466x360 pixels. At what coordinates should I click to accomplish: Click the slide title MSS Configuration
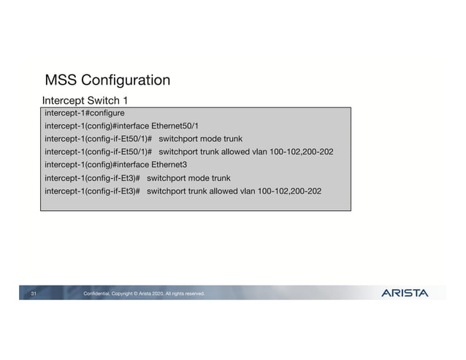pyautogui.click(x=107, y=80)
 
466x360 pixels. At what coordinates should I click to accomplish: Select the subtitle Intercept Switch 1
pyautogui.click(x=85, y=100)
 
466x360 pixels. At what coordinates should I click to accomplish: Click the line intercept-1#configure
pyautogui.click(x=84, y=113)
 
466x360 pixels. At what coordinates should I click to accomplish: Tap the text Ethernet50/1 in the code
pyautogui.click(x=180, y=126)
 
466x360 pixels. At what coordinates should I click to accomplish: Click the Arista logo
pyautogui.click(x=405, y=293)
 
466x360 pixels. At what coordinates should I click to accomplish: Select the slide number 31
pyautogui.click(x=34, y=294)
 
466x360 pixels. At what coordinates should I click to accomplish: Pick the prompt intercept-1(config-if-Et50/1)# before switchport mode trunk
pyautogui.click(x=98, y=139)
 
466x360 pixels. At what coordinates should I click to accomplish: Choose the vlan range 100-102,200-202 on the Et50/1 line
pyautogui.click(x=296, y=152)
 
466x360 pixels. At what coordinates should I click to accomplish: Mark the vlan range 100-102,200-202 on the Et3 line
pyautogui.click(x=284, y=191)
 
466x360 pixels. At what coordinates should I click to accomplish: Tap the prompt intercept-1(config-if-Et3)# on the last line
pyautogui.click(x=92, y=191)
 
